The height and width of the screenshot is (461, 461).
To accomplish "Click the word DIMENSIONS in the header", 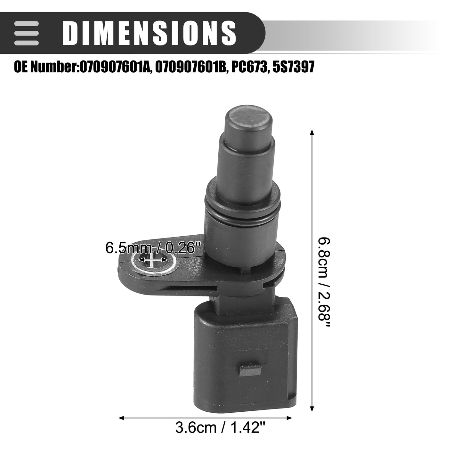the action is point(149,33).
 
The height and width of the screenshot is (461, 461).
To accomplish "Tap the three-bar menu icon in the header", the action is point(26,33).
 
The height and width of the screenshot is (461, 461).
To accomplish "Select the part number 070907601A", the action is point(114,67).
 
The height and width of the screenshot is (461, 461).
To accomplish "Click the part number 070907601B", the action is point(191,67).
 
